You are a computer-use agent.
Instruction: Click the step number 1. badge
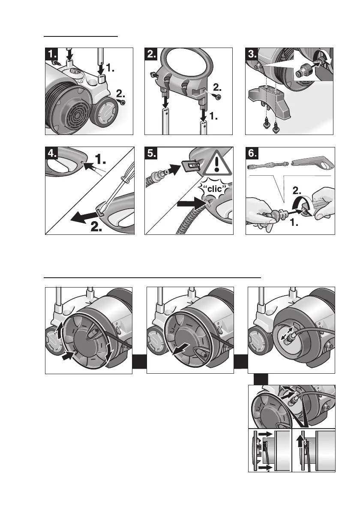(x=52, y=54)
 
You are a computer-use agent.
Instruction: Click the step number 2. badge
(x=152, y=54)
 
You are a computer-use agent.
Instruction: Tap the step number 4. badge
(x=52, y=154)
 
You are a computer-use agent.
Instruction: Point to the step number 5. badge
(x=152, y=154)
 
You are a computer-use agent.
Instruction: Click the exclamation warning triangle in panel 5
(x=216, y=164)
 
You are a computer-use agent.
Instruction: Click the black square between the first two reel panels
(x=139, y=363)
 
